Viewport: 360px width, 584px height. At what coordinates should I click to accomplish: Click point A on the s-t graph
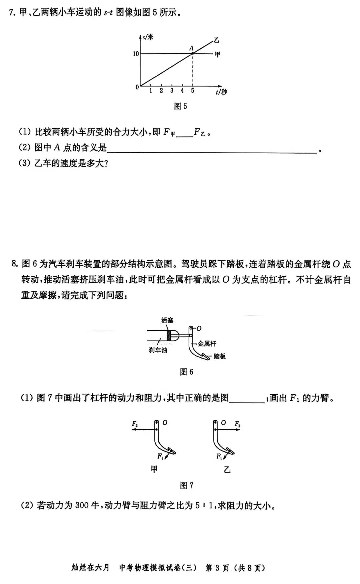tap(193, 53)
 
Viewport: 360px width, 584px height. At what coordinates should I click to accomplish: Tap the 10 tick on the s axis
tap(136, 54)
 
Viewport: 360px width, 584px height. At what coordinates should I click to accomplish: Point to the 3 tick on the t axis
tap(172, 90)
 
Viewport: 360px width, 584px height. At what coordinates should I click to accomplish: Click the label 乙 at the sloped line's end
tap(217, 40)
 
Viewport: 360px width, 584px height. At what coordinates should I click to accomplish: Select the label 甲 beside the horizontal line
tap(217, 54)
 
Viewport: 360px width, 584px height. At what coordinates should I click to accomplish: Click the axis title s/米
tap(148, 37)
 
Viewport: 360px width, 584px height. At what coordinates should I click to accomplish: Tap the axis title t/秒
tap(221, 92)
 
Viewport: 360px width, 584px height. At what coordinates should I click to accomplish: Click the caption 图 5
tap(180, 106)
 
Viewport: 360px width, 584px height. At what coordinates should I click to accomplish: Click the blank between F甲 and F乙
tap(185, 133)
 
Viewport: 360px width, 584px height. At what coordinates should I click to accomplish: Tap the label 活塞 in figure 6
tap(167, 320)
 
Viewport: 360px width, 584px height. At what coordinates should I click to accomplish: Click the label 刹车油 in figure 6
tap(158, 350)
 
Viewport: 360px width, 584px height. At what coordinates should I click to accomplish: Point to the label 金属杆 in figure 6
tap(207, 343)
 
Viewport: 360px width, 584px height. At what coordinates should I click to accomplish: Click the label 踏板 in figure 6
tap(219, 356)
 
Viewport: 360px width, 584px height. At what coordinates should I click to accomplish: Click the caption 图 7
tap(186, 485)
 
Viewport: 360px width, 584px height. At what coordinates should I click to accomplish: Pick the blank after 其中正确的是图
tap(247, 399)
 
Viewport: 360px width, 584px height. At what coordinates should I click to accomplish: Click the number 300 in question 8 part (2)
tap(82, 506)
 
